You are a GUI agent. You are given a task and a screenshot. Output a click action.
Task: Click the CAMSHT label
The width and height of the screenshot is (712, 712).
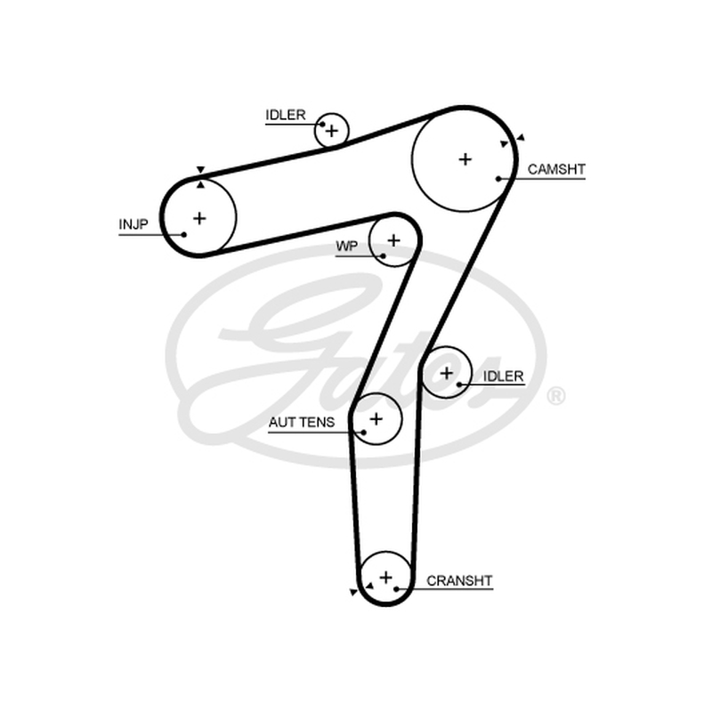click(556, 169)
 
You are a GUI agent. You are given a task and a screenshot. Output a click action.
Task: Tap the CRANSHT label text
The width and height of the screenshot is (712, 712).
click(459, 581)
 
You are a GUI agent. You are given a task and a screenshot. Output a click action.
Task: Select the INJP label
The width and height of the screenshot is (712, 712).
click(133, 224)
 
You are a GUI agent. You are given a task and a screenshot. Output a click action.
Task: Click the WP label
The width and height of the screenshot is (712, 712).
click(346, 247)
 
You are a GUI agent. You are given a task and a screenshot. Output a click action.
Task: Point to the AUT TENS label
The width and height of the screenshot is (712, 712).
click(302, 422)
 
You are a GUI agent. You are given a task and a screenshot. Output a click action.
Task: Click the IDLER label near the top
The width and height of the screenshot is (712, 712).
click(286, 115)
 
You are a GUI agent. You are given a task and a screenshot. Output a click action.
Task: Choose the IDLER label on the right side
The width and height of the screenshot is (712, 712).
click(503, 376)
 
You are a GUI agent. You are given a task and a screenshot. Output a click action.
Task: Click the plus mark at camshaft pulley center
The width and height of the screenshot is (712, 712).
click(465, 159)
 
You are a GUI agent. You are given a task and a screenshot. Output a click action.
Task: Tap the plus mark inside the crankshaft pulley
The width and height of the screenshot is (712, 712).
click(386, 578)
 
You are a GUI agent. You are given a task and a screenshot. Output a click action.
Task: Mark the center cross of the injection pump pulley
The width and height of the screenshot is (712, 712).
click(199, 218)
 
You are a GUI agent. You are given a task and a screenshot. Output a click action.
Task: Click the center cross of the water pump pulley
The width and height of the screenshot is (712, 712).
click(393, 240)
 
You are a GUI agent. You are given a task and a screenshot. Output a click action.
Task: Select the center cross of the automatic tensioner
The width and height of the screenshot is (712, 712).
click(376, 418)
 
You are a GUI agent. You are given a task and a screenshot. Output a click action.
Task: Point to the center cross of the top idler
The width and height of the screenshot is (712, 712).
click(332, 131)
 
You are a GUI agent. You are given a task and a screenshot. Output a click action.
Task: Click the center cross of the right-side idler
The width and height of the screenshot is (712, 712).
click(447, 373)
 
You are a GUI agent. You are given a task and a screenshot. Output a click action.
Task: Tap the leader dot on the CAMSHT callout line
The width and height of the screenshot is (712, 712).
click(498, 179)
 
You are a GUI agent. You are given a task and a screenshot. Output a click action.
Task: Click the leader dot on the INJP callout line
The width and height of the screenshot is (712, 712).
click(184, 234)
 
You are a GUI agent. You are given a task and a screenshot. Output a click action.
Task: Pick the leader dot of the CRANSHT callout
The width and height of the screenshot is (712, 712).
click(396, 589)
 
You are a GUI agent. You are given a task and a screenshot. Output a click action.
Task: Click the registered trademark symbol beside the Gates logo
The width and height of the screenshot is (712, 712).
click(555, 396)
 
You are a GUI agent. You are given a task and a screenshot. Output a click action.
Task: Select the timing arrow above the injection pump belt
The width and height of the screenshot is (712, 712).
click(201, 170)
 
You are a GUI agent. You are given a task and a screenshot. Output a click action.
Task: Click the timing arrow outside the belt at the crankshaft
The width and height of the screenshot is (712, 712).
click(353, 592)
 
